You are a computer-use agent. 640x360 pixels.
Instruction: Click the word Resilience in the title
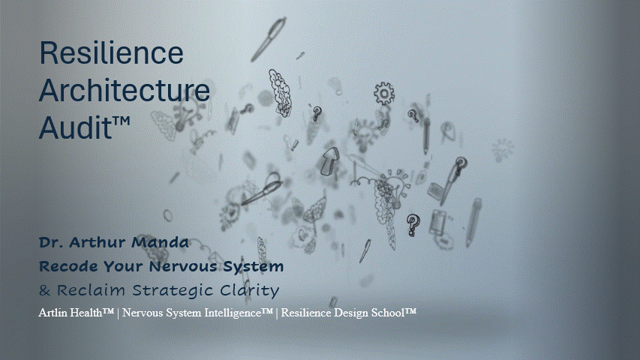[112, 52]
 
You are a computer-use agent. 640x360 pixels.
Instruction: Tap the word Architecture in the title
[125, 90]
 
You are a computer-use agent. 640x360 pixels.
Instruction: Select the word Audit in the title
[75, 127]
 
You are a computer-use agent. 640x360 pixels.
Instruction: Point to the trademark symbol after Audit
[122, 121]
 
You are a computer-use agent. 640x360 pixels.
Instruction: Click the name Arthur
[98, 242]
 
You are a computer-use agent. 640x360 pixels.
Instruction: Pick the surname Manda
[160, 242]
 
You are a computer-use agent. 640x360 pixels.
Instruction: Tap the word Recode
[68, 266]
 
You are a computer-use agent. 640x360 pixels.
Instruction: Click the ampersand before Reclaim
[44, 290]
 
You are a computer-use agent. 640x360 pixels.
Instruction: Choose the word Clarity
[249, 291]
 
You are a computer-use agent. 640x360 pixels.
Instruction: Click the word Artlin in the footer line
[53, 313]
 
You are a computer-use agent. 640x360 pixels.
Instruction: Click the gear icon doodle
[384, 94]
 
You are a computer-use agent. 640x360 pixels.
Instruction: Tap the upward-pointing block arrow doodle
[330, 161]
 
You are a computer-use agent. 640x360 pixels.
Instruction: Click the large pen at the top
[269, 39]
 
